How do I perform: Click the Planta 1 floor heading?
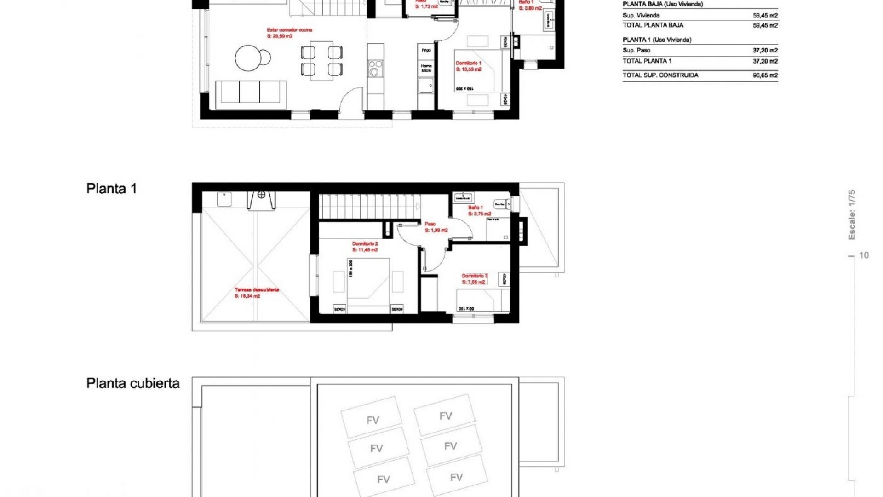point(111,189)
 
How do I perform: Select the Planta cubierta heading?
point(132,383)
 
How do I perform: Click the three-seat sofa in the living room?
point(251,92)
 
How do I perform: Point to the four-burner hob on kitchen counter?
point(375,68)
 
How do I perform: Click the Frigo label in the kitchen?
point(426,50)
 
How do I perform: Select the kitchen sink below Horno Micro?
point(426,86)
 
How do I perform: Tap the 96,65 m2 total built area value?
point(765,75)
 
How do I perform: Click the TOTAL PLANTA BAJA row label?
point(653,25)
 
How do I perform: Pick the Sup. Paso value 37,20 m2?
point(765,50)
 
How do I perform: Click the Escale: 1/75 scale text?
point(852,214)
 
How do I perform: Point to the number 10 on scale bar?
point(864,255)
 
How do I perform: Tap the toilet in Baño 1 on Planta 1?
point(500,203)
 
